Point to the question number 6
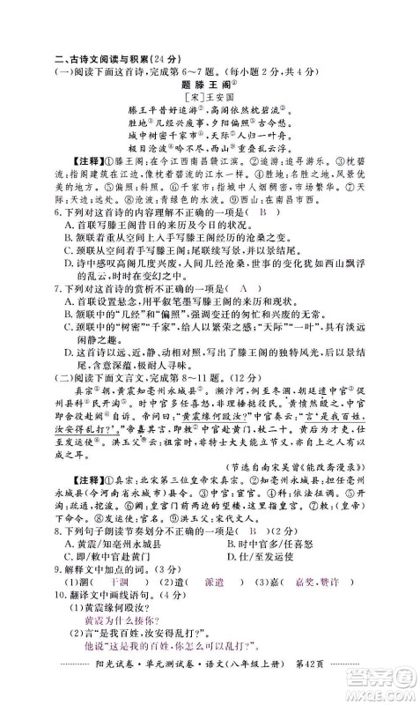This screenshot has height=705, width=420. pyautogui.click(x=55, y=212)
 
